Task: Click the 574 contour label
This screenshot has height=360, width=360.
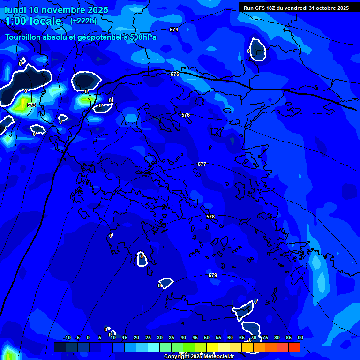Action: pyautogui.click(x=174, y=30)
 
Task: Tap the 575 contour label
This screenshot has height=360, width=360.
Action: pyautogui.click(x=175, y=74)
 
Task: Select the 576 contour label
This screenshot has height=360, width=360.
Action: pyautogui.click(x=186, y=115)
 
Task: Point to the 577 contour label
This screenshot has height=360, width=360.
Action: pyautogui.click(x=202, y=164)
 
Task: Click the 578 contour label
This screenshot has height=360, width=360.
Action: pyautogui.click(x=210, y=217)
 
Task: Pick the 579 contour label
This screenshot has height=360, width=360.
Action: pyautogui.click(x=213, y=275)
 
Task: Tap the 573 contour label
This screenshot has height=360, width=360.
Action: pyautogui.click(x=31, y=105)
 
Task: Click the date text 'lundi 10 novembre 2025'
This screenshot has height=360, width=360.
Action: pyautogui.click(x=56, y=10)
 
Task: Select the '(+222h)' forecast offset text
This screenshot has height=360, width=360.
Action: pyautogui.click(x=83, y=21)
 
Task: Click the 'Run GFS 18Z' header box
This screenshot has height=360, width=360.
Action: pyautogui.click(x=296, y=7)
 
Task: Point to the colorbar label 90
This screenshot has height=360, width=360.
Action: pyautogui.click(x=300, y=337)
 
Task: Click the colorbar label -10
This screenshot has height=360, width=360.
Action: pyautogui.click(x=67, y=337)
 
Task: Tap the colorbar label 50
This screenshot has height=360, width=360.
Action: pyautogui.click(x=207, y=337)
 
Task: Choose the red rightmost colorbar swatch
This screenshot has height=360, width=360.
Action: pyautogui.click(x=294, y=347)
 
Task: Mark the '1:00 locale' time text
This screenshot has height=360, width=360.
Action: pyautogui.click(x=33, y=21)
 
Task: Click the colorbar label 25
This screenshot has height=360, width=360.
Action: pyautogui.click(x=148, y=337)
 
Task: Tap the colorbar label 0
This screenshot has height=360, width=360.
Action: pyautogui.click(x=88, y=337)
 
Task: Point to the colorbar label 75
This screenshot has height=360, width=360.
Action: pyautogui.click(x=265, y=337)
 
